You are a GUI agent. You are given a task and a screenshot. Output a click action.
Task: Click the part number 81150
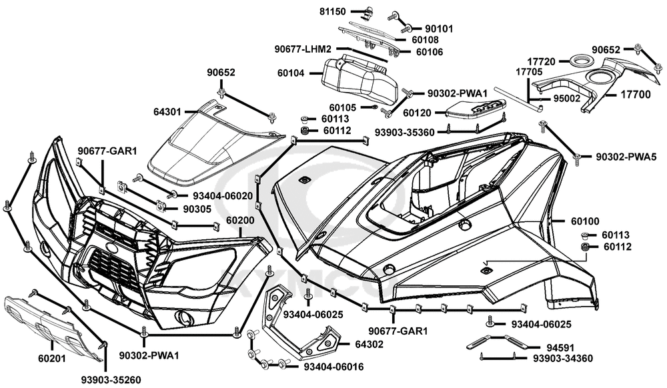pyautogui.click(x=333, y=12)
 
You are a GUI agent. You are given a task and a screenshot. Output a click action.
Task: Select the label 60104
pyautogui.click(x=291, y=73)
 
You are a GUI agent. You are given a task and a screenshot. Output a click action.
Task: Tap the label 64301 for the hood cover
pyautogui.click(x=167, y=112)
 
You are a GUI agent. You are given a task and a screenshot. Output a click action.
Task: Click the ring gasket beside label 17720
pyautogui.click(x=578, y=61)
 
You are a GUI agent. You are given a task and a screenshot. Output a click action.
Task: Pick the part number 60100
pyautogui.click(x=585, y=221)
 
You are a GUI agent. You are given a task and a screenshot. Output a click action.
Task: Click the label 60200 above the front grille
pyautogui.click(x=240, y=220)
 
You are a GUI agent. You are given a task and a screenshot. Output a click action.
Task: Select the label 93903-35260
pyautogui.click(x=111, y=379)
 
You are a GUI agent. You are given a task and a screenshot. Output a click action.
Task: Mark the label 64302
pyautogui.click(x=370, y=344)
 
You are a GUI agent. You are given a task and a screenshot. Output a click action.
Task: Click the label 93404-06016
pyautogui.click(x=333, y=366)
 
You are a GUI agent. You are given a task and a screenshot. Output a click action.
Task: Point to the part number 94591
pyautogui.click(x=549, y=347)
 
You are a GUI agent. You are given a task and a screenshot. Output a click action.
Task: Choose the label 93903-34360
pyautogui.click(x=563, y=359)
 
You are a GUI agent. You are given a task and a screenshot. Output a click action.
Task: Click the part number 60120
pyautogui.click(x=417, y=113)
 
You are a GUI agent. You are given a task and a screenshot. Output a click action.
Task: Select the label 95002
pyautogui.click(x=566, y=98)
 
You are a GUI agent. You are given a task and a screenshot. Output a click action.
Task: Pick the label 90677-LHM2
pyautogui.click(x=303, y=49)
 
